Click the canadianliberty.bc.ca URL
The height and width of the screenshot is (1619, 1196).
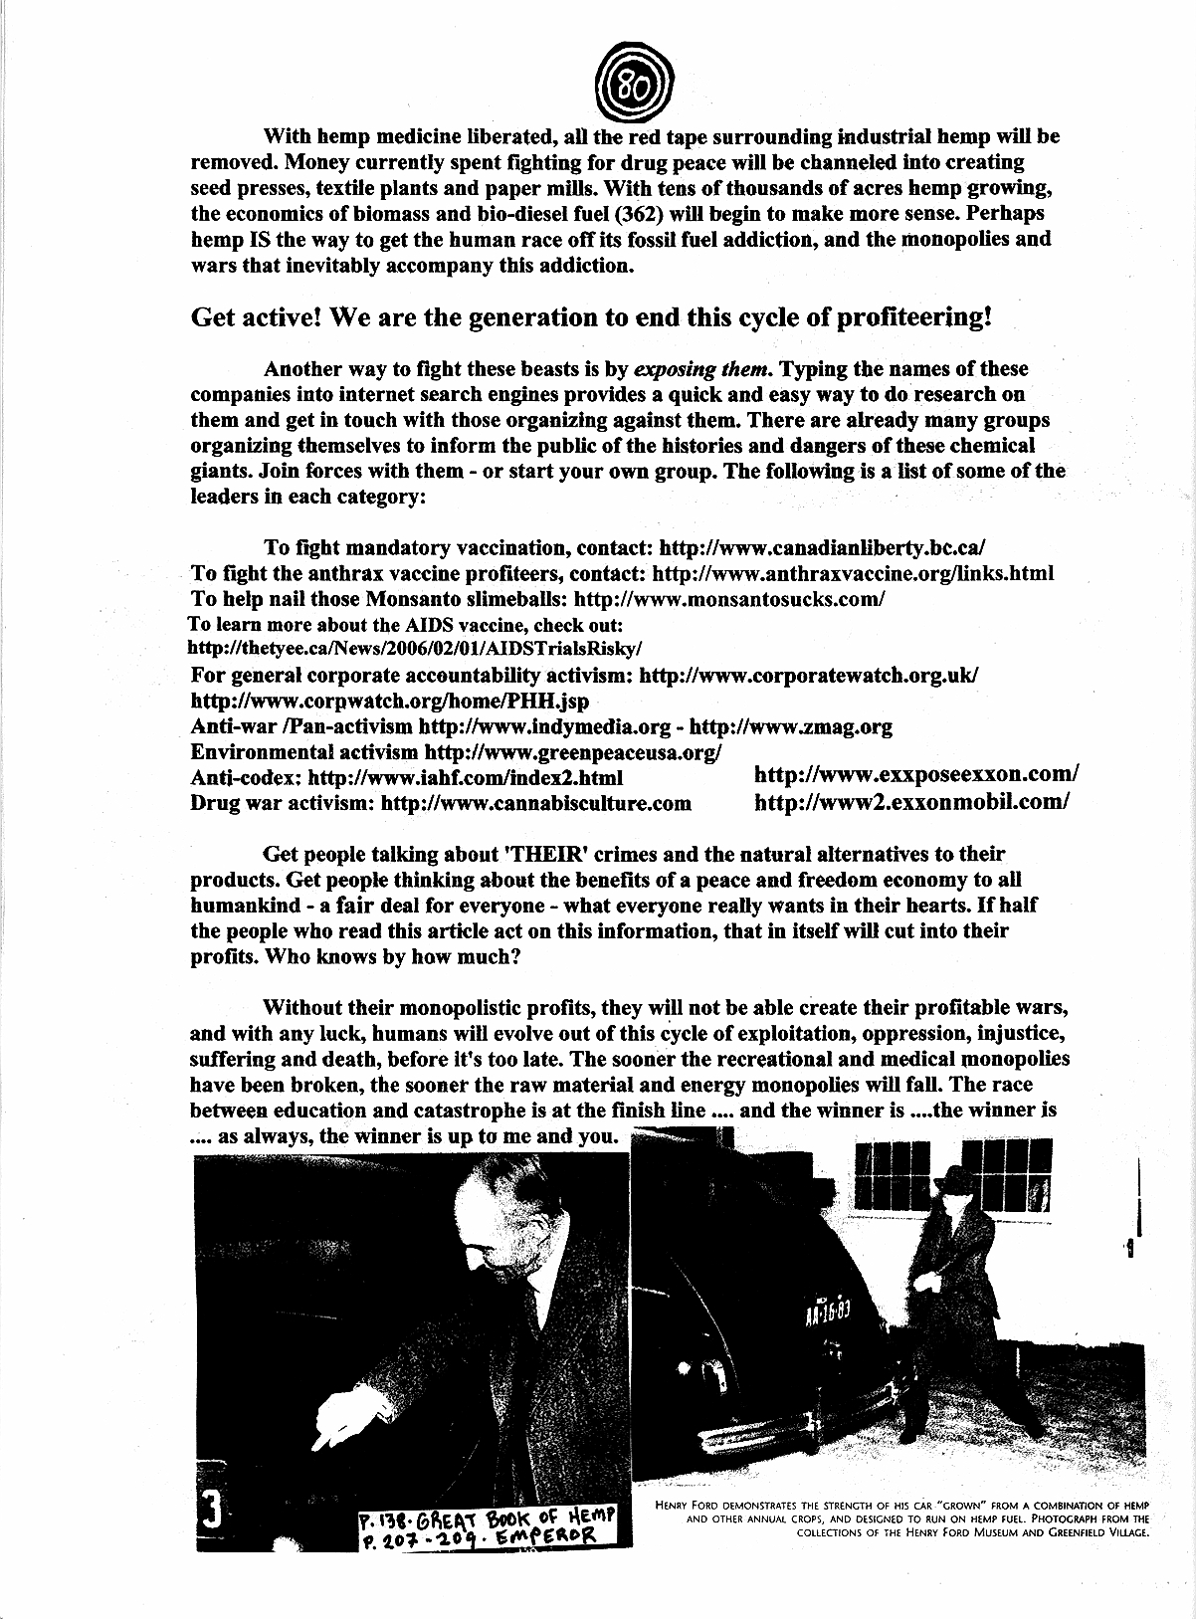point(822,547)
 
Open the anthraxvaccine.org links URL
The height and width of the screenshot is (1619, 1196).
point(853,573)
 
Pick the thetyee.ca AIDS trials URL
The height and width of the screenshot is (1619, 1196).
point(416,647)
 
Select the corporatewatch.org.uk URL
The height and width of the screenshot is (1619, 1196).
point(808,675)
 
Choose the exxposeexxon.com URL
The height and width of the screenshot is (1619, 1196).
point(916,774)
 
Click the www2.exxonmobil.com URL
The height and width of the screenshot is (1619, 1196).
point(912,801)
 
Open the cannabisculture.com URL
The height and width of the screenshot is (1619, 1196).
point(536,802)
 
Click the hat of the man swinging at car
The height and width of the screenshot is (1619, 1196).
point(958,1179)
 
